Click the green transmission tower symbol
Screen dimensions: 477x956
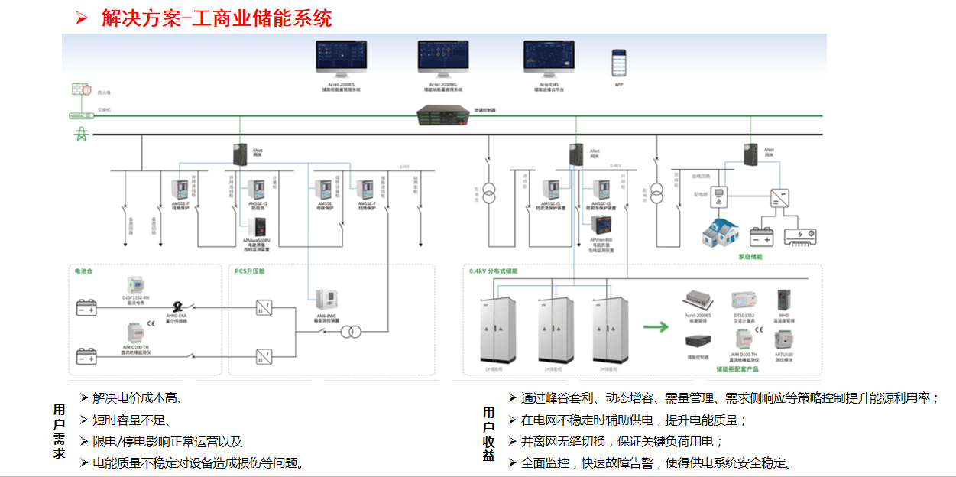(x=80, y=134)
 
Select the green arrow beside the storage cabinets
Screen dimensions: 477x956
(x=654, y=327)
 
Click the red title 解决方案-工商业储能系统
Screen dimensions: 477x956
(x=216, y=18)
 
